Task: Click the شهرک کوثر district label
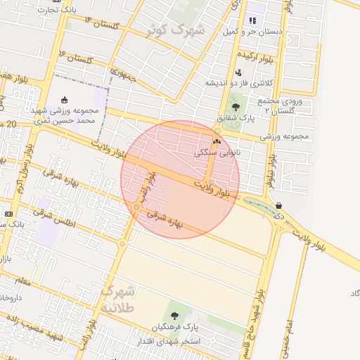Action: point(175,30)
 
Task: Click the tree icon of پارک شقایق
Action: point(236,108)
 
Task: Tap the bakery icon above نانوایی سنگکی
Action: point(216,141)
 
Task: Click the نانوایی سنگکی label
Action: point(215,151)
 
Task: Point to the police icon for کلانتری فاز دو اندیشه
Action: point(238,72)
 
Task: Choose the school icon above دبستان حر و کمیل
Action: point(252,21)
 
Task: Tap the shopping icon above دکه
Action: point(279,205)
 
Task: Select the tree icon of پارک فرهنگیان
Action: point(174,314)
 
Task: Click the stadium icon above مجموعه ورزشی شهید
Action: point(65,99)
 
